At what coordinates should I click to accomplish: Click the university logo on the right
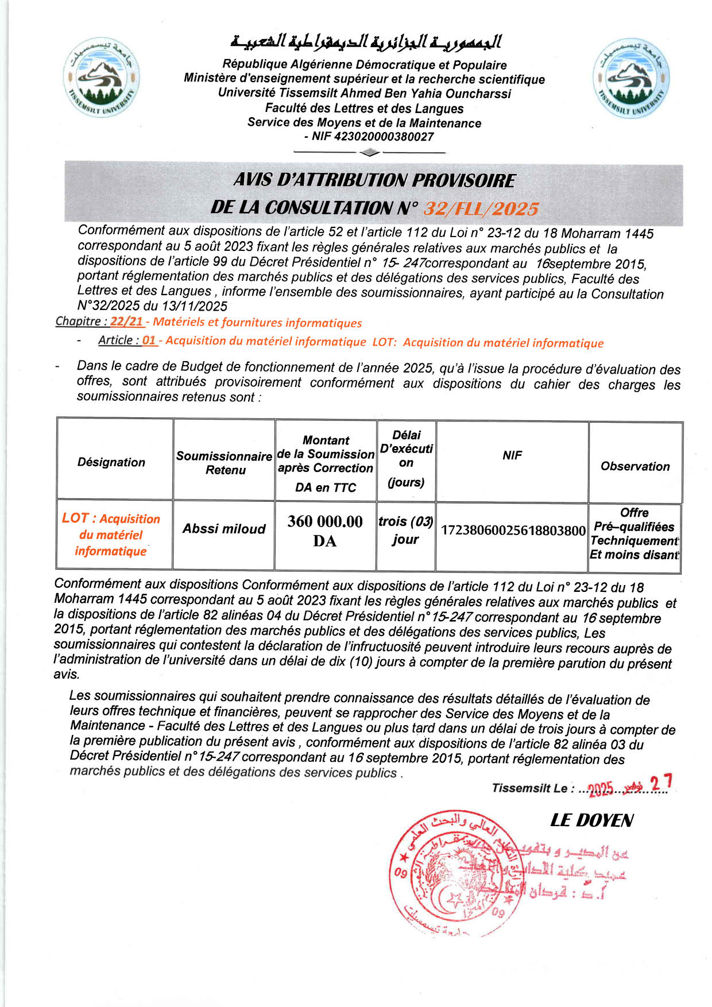[x=630, y=78]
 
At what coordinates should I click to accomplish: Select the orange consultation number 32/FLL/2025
[x=481, y=208]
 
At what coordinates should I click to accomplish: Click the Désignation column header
[x=111, y=462]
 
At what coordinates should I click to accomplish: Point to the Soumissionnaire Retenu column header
[x=224, y=463]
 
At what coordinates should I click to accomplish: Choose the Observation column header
[x=635, y=466]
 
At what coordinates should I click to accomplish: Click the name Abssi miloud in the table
[x=224, y=529]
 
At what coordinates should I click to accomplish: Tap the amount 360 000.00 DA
[x=325, y=530]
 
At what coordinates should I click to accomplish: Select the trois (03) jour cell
[x=405, y=530]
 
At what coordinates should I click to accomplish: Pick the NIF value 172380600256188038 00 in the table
[x=512, y=530]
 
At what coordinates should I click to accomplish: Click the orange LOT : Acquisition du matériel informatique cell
[x=111, y=535]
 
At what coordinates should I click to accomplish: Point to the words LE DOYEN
[x=591, y=820]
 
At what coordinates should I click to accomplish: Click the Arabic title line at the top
[x=366, y=42]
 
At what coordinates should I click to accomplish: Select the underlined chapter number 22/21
[x=126, y=322]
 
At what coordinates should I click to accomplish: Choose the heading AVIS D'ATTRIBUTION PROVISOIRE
[x=374, y=180]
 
